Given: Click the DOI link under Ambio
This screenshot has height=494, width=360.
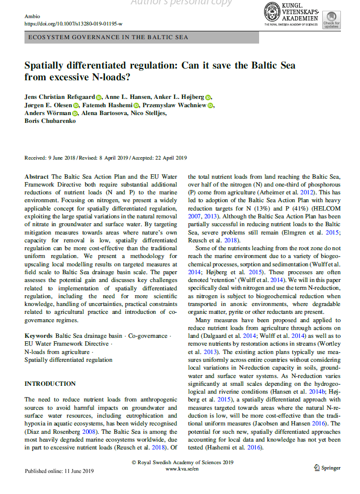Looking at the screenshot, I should tap(73, 24).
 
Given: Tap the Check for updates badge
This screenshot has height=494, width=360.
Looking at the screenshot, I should tap(331, 20).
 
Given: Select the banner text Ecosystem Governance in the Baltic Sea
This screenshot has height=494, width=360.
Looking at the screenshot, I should tap(108, 37).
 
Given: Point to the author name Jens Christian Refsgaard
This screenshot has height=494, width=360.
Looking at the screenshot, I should tap(60, 97).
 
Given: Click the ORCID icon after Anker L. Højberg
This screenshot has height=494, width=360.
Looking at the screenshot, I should tap(208, 97).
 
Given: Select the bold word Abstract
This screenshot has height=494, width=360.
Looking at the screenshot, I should tap(37, 177).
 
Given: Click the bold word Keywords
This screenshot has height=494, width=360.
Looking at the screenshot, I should tap(39, 336).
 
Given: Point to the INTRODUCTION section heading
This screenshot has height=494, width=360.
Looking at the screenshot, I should tap(50, 383).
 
